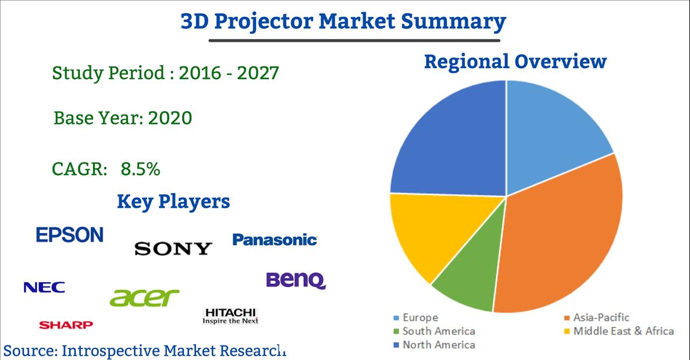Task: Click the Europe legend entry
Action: [x=416, y=318]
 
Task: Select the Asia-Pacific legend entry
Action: [x=596, y=318]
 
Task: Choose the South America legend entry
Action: [x=434, y=332]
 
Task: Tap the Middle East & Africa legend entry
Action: [x=618, y=332]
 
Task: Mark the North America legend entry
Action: [x=434, y=345]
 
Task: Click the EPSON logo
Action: [x=70, y=235]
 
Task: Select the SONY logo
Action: [x=173, y=249]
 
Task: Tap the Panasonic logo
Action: [x=275, y=240]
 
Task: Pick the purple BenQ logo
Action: [x=296, y=280]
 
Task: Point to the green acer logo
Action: [x=144, y=298]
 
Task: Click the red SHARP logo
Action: [x=66, y=325]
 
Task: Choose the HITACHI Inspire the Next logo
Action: [x=230, y=316]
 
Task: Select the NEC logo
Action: [x=44, y=287]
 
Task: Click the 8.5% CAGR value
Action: [x=140, y=169]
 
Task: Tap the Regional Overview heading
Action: [x=515, y=61]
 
